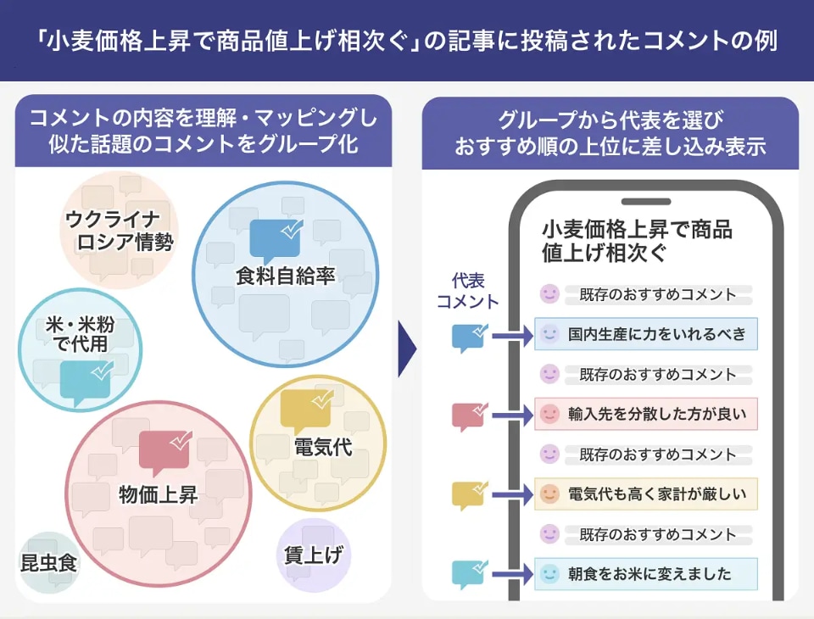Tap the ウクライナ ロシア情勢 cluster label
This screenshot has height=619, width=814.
pyautogui.click(x=120, y=231)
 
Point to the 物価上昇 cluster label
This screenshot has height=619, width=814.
pyautogui.click(x=159, y=494)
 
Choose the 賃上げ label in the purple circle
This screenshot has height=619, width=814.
pyautogui.click(x=314, y=555)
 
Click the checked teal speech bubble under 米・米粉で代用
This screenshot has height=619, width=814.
pyautogui.click(x=85, y=381)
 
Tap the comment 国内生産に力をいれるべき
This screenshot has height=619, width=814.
pyautogui.click(x=656, y=334)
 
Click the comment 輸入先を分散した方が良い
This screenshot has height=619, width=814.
pyautogui.click(x=656, y=414)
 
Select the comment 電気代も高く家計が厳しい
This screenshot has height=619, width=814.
pyautogui.click(x=656, y=494)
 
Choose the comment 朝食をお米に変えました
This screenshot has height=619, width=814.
pyautogui.click(x=650, y=574)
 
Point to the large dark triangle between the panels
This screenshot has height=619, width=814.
pyautogui.click(x=407, y=349)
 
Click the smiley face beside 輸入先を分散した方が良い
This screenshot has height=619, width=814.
pyautogui.click(x=549, y=414)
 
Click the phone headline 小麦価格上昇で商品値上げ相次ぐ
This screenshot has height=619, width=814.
pyautogui.click(x=637, y=241)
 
